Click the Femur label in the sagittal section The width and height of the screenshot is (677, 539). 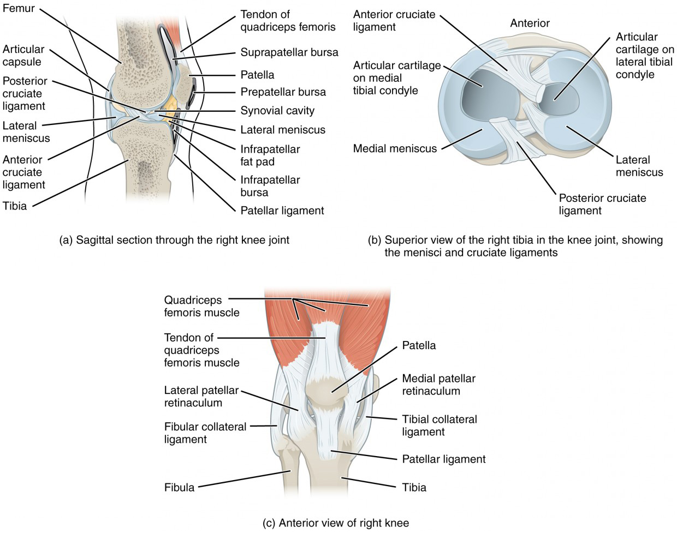click(x=19, y=8)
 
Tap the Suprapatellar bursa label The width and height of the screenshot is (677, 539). click(x=289, y=52)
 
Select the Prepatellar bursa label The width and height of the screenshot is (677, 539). click(x=283, y=92)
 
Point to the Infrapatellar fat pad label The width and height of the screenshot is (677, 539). click(x=270, y=155)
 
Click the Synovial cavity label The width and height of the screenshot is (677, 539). click(x=277, y=111)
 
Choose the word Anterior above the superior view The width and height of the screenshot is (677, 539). click(x=530, y=23)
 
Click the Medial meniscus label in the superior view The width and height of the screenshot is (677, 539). click(x=395, y=148)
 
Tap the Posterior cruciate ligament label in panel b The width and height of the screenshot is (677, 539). click(x=602, y=204)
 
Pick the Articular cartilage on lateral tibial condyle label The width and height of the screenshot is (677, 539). click(x=644, y=56)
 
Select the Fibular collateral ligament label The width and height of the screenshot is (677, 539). click(x=205, y=433)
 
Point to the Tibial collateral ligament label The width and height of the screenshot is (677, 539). click(x=439, y=426)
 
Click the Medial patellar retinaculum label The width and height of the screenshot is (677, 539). click(x=438, y=385)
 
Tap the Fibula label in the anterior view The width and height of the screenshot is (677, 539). click(x=179, y=487)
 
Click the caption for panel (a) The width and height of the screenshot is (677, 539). click(x=174, y=240)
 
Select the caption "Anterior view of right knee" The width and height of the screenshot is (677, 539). click(x=336, y=523)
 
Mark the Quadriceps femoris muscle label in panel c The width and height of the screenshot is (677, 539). click(x=201, y=306)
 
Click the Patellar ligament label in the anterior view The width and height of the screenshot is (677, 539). click(x=443, y=459)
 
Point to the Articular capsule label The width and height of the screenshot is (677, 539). click(x=23, y=55)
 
